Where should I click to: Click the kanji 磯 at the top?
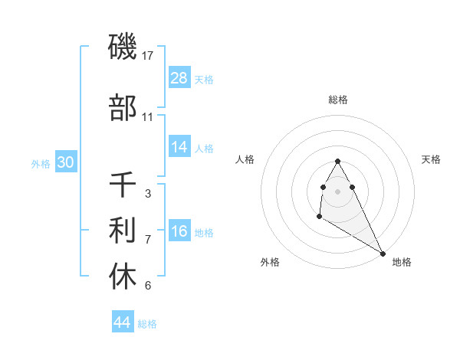click(x=123, y=47)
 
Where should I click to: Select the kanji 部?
click(x=123, y=109)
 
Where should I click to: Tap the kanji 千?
click(x=123, y=185)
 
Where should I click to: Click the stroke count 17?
click(x=149, y=55)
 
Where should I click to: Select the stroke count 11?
click(x=148, y=117)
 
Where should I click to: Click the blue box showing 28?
click(x=179, y=78)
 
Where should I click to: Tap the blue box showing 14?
click(x=179, y=148)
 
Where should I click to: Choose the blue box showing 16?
click(x=179, y=232)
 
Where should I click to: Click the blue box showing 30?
click(x=65, y=162)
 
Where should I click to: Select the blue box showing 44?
click(x=123, y=323)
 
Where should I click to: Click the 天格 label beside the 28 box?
click(x=204, y=80)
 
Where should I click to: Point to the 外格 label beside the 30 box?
click(x=40, y=163)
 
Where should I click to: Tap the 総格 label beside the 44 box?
click(x=147, y=324)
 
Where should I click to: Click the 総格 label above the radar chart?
click(x=338, y=100)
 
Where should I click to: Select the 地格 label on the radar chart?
click(x=402, y=263)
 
